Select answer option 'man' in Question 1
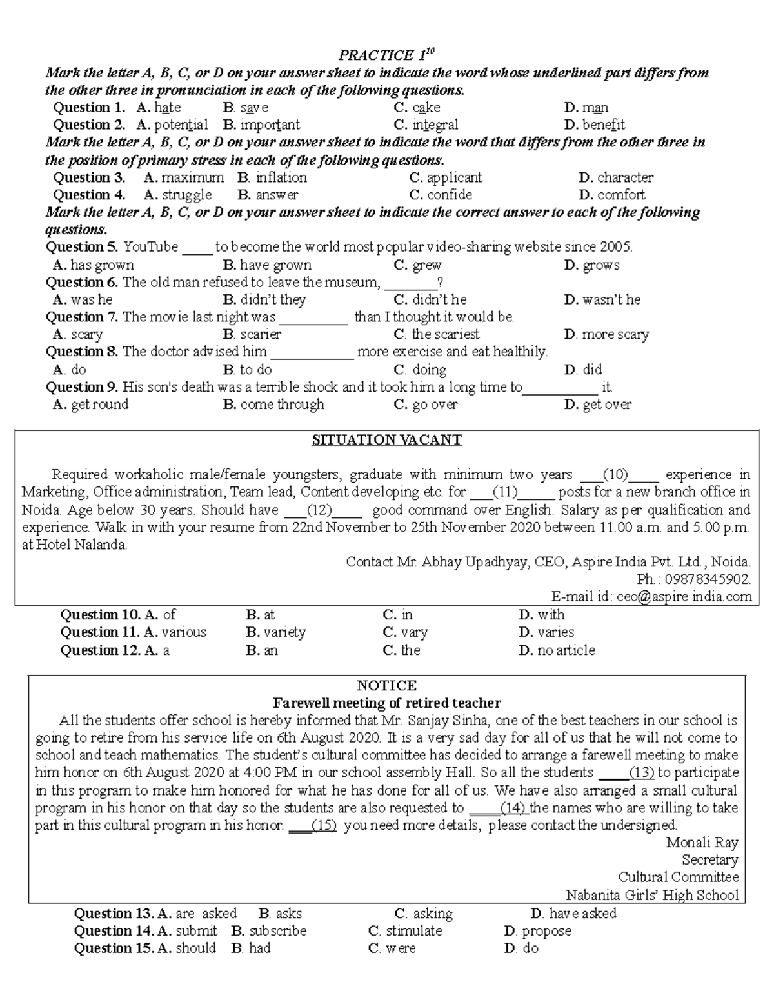click(x=595, y=108)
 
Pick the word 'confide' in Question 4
click(x=449, y=195)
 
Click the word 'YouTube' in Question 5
click(x=150, y=247)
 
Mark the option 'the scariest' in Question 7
click(x=445, y=335)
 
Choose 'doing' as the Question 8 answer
click(x=429, y=370)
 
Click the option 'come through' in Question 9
click(x=282, y=405)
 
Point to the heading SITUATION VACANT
click(x=386, y=441)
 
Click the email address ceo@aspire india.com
click(x=684, y=597)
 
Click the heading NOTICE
click(x=386, y=686)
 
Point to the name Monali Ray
click(x=702, y=843)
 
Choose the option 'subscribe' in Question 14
click(x=277, y=932)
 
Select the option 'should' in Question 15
click(x=195, y=949)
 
